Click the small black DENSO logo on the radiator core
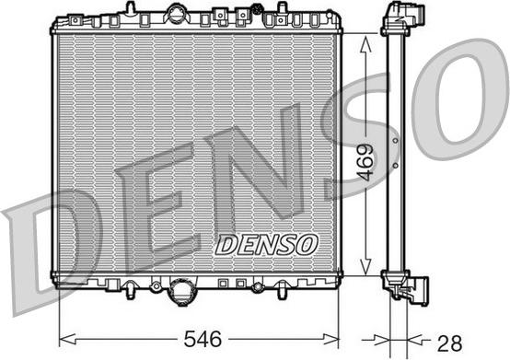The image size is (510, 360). pyautogui.click(x=266, y=244)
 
